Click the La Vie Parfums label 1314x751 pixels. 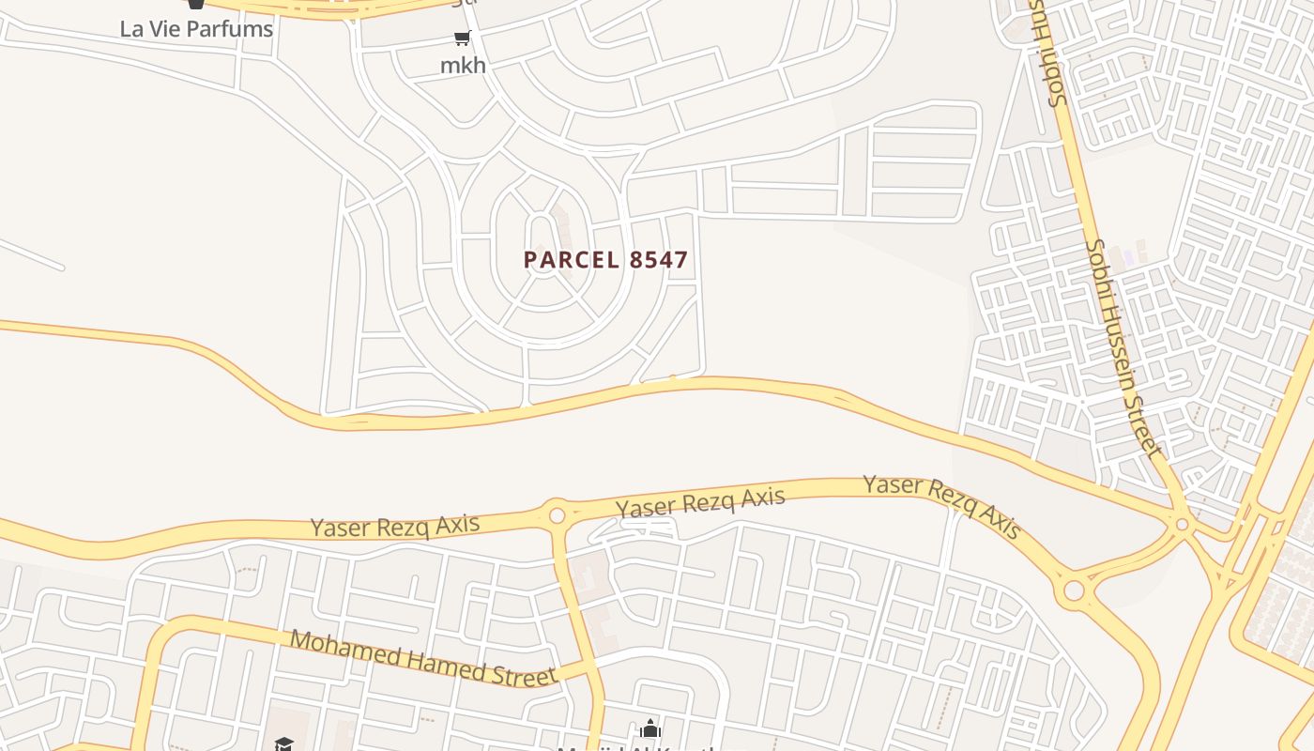click(196, 28)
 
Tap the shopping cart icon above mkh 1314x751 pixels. click(462, 38)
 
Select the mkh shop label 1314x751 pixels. click(464, 65)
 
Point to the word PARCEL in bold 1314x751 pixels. click(572, 260)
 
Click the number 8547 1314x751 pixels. click(659, 260)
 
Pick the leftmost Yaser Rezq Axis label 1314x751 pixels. click(395, 526)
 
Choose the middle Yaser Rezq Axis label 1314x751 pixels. click(700, 502)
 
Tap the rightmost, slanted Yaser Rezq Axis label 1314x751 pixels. click(941, 506)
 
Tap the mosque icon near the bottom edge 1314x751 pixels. click(650, 728)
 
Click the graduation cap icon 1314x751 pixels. click(283, 744)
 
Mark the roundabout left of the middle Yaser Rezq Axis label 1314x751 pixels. click(557, 515)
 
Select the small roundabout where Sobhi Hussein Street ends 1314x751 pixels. click(1183, 525)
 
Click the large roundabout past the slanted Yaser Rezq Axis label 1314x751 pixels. click(1073, 591)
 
